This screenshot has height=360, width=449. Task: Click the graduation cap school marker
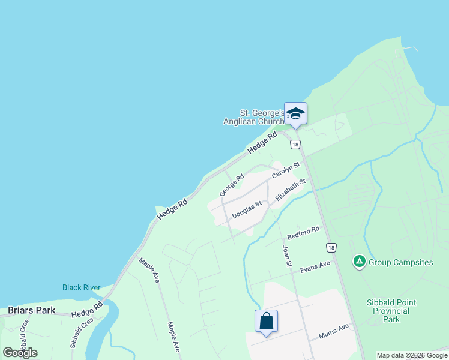click(295, 113)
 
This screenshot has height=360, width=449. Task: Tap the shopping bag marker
click(267, 321)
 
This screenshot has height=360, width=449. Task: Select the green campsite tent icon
click(359, 261)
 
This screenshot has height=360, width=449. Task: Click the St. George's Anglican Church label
click(262, 117)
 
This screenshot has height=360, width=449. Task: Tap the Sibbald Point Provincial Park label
click(391, 311)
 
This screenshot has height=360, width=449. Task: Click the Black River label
click(82, 287)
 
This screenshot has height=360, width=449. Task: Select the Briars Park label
click(32, 310)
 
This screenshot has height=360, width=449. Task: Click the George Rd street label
click(232, 185)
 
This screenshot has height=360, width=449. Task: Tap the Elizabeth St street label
click(291, 189)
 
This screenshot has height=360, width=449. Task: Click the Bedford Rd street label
click(304, 232)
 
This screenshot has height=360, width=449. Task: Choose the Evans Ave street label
click(315, 265)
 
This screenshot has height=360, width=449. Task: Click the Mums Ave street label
click(334, 331)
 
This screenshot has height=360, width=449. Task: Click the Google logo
click(20, 353)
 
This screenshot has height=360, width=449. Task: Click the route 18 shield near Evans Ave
click(331, 247)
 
